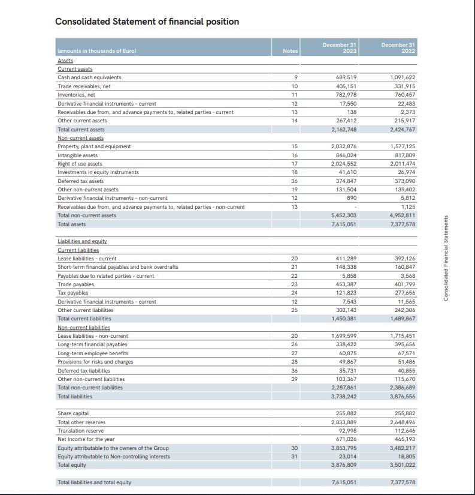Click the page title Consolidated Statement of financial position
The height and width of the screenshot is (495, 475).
click(147, 22)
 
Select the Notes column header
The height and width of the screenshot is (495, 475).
click(290, 51)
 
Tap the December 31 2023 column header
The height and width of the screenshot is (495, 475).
click(339, 48)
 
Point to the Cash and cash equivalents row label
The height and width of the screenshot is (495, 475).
click(89, 77)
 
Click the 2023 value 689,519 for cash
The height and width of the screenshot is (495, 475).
click(344, 77)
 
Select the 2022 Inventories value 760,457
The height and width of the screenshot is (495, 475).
click(403, 95)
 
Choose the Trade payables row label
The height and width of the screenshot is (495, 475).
click(75, 284)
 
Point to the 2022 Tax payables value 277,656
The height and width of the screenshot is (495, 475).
click(403, 293)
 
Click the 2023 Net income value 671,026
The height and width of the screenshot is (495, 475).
click(344, 439)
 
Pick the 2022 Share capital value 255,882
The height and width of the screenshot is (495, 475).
click(403, 413)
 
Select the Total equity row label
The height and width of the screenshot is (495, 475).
click(71, 465)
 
